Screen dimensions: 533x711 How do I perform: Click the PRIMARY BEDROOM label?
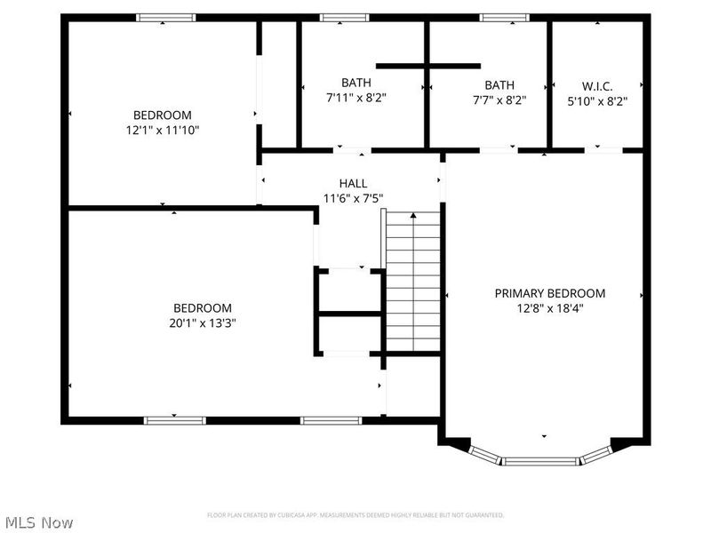pos(549,293)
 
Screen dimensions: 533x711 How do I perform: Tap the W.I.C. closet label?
pos(597,86)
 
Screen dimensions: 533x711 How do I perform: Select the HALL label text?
pos(353,184)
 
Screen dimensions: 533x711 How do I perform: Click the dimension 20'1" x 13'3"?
pos(203,323)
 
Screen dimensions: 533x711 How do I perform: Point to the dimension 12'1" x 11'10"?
pos(163,130)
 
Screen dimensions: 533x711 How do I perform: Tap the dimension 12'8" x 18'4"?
pos(549,308)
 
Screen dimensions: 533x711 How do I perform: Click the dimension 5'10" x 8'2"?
pos(597,101)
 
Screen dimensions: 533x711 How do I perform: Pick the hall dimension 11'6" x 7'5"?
pos(353,199)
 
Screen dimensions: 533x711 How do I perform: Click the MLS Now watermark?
pos(39,522)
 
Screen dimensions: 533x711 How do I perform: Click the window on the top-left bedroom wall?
pos(164,17)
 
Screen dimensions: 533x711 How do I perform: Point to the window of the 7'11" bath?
pos(344,17)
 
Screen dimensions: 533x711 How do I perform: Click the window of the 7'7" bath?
pos(504,17)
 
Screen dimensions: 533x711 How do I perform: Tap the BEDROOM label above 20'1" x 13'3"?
pos(203,308)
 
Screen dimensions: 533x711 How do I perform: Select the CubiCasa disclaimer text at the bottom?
pos(355,515)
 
